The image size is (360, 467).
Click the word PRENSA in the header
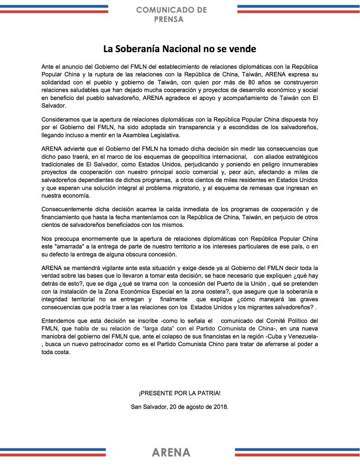(x=171, y=19)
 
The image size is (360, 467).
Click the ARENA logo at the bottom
(x=171, y=452)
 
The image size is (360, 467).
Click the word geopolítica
(x=202, y=156)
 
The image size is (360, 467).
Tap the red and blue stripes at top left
(x=54, y=9)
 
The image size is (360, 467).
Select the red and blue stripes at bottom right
(x=297, y=452)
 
